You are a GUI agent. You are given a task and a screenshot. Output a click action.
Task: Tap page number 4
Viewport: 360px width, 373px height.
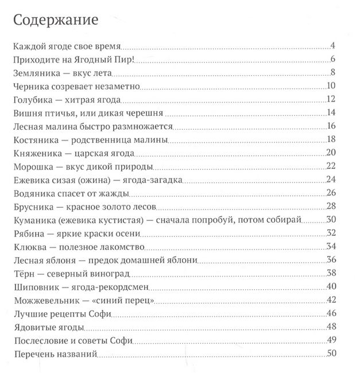click(x=332, y=46)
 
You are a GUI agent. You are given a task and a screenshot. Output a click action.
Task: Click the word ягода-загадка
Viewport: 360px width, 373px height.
click(x=156, y=180)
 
